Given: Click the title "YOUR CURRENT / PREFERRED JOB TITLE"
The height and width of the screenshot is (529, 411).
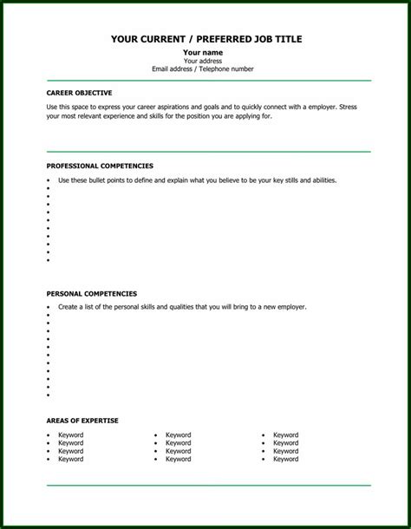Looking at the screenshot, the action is [x=207, y=39].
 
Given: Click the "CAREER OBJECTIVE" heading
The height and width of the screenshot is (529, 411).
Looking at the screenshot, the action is [x=79, y=92].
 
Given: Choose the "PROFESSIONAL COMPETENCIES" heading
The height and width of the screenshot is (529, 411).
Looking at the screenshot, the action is [x=100, y=165].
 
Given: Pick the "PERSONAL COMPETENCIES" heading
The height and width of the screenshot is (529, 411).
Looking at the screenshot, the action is [x=91, y=293].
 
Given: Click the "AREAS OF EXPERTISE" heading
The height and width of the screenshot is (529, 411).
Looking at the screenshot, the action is [x=82, y=420].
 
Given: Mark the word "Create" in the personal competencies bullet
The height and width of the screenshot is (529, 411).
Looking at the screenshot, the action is [x=68, y=307].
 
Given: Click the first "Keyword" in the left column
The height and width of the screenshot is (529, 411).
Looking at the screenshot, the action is [x=71, y=435].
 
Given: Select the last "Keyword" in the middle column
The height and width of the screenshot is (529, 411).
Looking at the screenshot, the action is [x=179, y=460].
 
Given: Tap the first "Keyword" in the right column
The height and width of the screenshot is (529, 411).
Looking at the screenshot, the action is [x=286, y=435].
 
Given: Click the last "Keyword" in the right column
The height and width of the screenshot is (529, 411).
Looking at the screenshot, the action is [x=286, y=460].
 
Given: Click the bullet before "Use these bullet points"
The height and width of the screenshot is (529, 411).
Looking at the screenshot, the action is [x=49, y=180].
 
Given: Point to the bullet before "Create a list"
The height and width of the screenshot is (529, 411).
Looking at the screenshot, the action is [x=49, y=307].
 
